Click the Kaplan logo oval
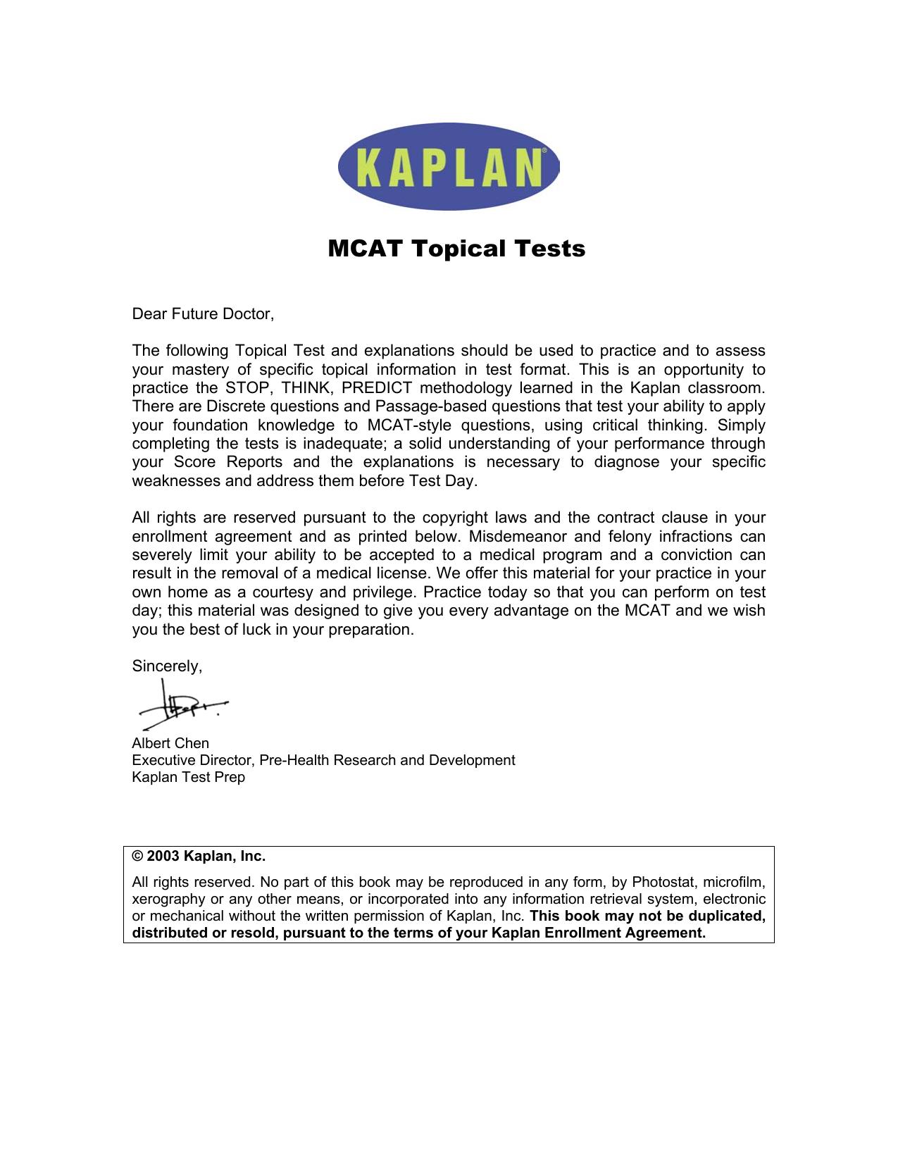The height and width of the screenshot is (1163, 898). point(448,166)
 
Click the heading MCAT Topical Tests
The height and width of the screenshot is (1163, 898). point(456,249)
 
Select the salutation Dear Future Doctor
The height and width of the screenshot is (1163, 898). point(202,314)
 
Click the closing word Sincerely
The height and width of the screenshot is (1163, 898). point(167,666)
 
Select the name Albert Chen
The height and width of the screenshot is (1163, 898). point(170,743)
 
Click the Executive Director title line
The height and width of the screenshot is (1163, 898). point(323,760)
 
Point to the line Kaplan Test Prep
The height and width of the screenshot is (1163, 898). point(188,777)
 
